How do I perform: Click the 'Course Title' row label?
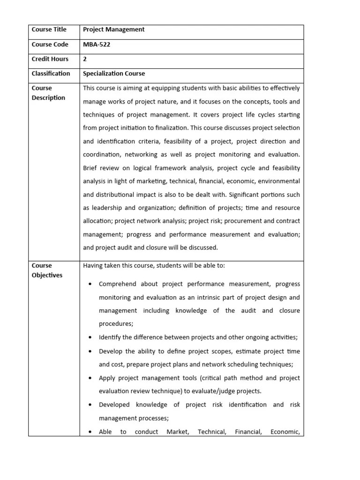49,30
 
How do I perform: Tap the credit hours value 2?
85,59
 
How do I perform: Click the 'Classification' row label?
51,74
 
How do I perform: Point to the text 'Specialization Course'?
114,74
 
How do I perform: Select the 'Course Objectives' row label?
47,270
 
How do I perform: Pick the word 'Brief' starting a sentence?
91,168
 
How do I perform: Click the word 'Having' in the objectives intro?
93,266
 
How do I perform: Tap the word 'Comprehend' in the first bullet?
117,284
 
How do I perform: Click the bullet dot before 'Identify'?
90,337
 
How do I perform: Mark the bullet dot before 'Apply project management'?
90,378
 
